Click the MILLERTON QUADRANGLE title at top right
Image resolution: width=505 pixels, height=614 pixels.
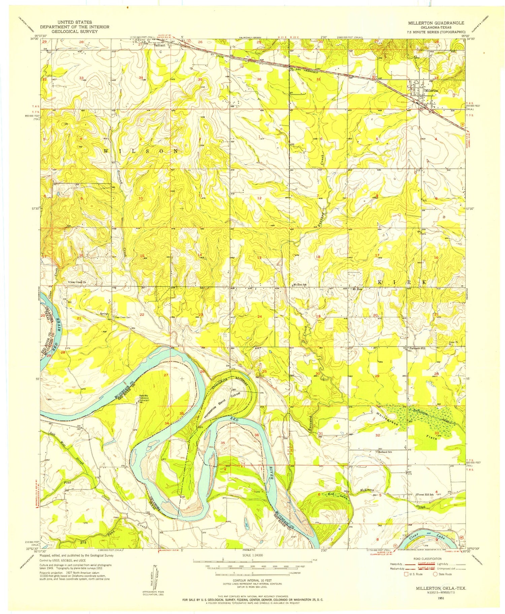pos(436,23)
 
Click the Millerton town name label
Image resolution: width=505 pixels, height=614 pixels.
pos(431,91)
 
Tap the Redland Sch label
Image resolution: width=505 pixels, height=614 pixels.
pos(385,452)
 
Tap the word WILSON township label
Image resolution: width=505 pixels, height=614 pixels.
pos(141,151)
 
